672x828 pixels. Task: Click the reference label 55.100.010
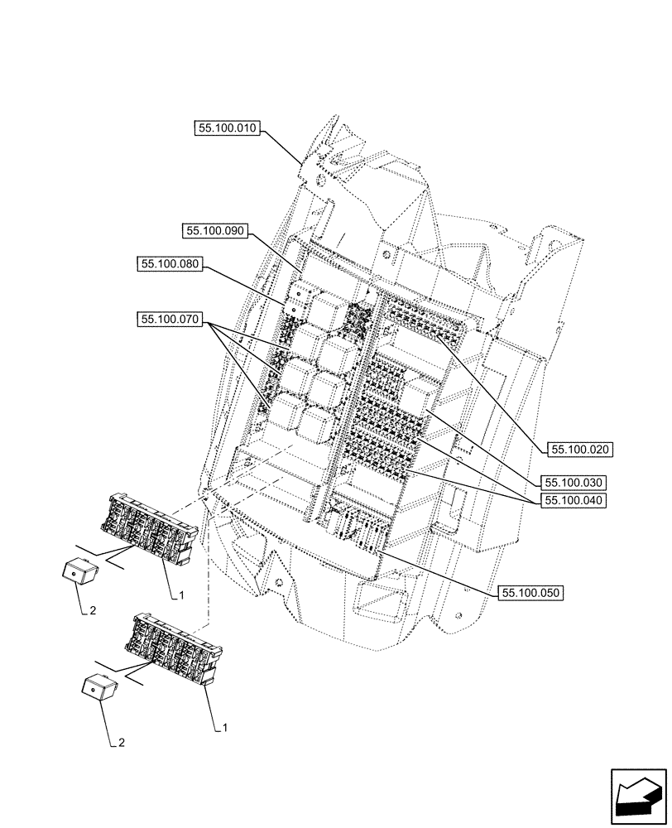click(x=228, y=128)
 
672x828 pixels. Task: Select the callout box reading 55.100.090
click(x=216, y=232)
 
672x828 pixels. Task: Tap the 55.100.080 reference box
click(x=170, y=263)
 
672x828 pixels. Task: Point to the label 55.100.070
click(x=170, y=319)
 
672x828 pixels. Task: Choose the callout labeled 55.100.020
click(x=577, y=450)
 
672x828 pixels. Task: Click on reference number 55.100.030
click(x=573, y=482)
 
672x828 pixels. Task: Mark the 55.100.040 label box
click(x=573, y=501)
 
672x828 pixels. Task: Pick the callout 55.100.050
click(x=531, y=593)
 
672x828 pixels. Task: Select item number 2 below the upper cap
click(x=93, y=611)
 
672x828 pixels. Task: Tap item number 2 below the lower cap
click(x=122, y=743)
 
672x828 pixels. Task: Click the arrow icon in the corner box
click(x=637, y=797)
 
